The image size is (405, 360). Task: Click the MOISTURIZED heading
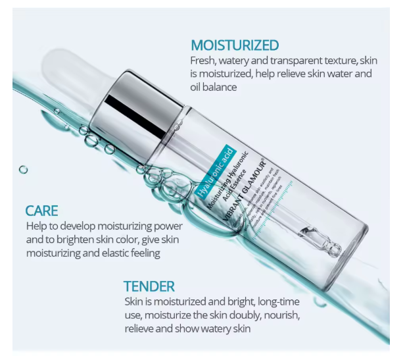point(235,45)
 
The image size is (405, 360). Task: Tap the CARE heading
point(41,211)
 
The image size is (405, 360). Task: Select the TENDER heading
point(149,286)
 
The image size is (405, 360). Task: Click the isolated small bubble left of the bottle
point(24,170)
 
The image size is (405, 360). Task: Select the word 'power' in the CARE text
point(165,226)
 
